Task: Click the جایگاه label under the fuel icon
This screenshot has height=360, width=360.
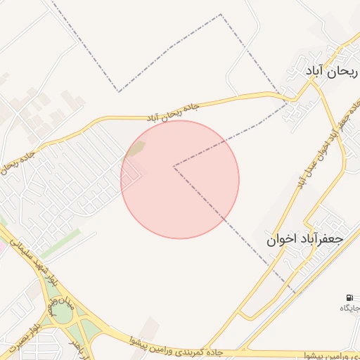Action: [x=350, y=308]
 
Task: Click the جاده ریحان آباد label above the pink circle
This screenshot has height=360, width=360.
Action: [x=173, y=112]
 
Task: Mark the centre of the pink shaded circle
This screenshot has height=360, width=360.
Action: [x=180, y=179]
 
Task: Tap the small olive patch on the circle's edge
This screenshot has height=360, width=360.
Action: [x=136, y=148]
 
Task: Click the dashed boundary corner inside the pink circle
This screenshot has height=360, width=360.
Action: [x=174, y=167]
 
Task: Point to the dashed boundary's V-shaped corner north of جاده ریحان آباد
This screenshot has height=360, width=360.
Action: [x=119, y=91]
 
